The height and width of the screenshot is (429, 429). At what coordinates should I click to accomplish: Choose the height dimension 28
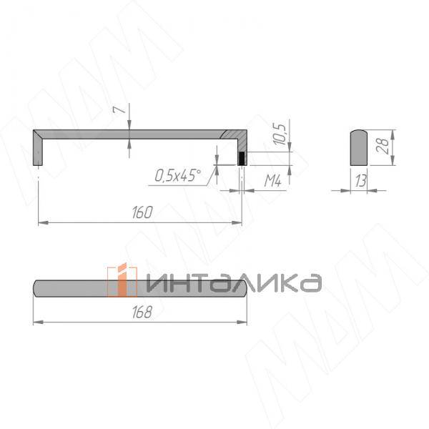coord(383,147)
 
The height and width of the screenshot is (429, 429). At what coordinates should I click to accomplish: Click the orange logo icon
coord(122,280)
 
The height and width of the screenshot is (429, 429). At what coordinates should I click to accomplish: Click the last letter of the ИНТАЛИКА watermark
coord(309,283)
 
